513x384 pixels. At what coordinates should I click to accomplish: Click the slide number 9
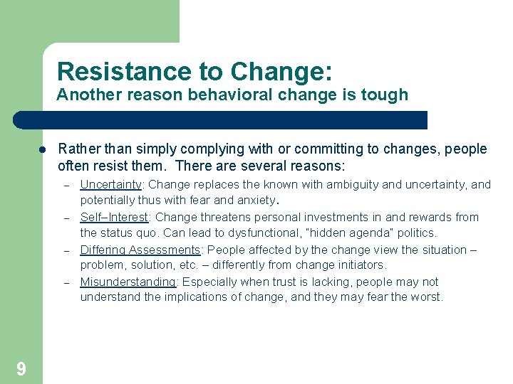tap(21, 368)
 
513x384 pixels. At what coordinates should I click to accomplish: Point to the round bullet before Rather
tap(43, 150)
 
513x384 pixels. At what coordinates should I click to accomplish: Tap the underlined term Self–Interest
tap(114, 218)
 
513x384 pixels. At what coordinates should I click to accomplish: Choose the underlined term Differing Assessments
tap(140, 250)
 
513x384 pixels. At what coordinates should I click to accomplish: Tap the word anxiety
tap(254, 201)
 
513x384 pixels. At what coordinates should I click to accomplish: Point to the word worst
tap(426, 297)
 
